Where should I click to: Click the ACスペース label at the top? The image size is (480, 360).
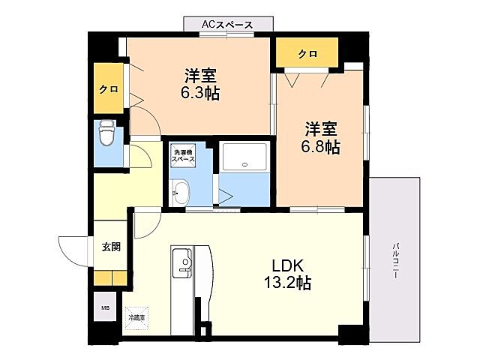point(226,25)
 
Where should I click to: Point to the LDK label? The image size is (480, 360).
point(286,265)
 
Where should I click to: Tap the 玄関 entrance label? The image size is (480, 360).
point(112,246)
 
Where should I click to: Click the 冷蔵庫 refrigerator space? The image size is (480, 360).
point(136,317)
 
